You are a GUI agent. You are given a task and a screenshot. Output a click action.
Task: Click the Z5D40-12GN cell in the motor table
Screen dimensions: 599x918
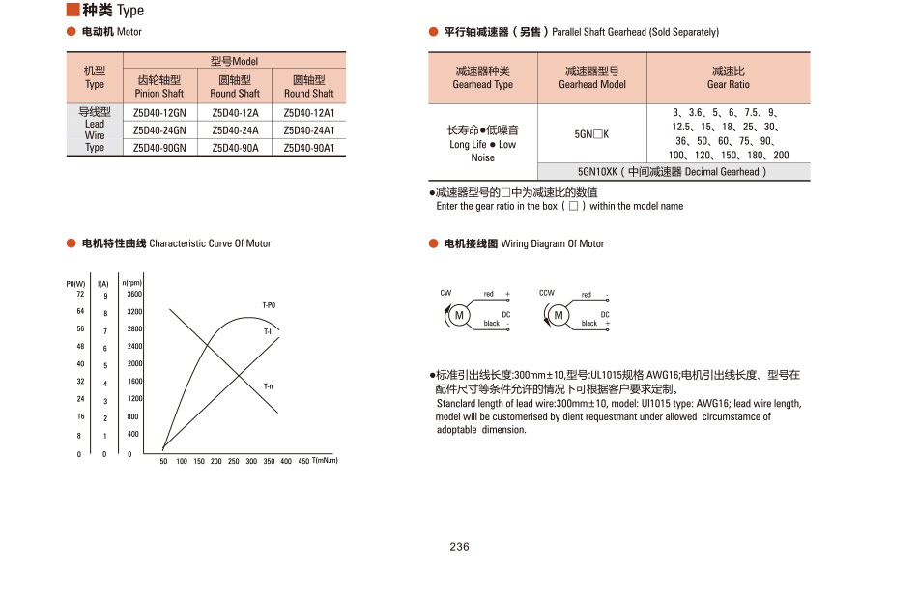tap(159, 113)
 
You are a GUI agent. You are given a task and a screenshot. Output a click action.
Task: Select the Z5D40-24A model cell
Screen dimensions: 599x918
tap(235, 130)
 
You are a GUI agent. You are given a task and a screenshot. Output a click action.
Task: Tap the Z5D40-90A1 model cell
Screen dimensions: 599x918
tap(309, 148)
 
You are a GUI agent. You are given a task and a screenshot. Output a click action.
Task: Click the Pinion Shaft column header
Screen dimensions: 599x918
tap(159, 87)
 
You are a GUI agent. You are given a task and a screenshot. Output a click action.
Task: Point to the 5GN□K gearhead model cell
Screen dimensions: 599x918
tap(592, 134)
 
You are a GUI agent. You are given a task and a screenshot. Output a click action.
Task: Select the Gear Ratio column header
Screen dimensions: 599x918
tap(729, 77)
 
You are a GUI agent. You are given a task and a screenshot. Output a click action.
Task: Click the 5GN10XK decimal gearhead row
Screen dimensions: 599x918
tap(674, 171)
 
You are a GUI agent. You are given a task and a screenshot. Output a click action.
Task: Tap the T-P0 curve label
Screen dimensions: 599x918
tap(269, 305)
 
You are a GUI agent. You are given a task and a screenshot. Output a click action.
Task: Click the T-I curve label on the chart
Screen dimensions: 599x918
tap(268, 331)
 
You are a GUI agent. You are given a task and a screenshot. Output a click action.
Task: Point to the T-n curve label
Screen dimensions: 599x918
tap(268, 386)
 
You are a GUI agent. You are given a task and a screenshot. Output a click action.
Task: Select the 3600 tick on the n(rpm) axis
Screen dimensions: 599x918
tap(134, 294)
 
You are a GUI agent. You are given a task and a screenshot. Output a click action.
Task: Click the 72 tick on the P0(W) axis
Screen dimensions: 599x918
tap(80, 294)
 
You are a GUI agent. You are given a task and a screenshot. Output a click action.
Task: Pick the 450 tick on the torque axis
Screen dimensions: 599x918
tap(303, 462)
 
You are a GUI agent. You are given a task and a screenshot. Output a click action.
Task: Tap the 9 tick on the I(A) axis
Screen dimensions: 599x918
tap(105, 296)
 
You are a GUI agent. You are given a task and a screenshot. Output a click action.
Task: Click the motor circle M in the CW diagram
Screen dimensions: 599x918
tap(460, 315)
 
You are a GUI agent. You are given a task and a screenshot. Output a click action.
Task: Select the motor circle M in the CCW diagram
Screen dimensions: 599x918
tap(558, 315)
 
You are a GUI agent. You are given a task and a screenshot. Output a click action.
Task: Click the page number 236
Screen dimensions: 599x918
tap(459, 547)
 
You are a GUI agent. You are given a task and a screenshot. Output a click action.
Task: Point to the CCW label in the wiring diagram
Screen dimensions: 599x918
tap(546, 293)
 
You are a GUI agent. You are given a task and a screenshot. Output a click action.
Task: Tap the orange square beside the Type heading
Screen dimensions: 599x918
tap(72, 10)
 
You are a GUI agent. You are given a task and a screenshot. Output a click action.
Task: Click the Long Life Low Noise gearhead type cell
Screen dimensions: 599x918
tap(482, 143)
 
